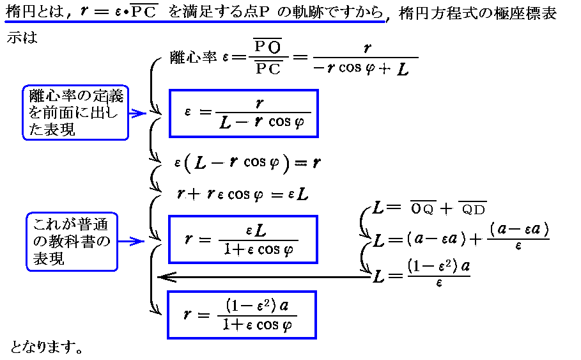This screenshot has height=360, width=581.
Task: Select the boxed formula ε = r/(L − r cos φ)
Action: coord(244,113)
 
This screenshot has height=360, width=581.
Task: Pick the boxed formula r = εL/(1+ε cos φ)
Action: coord(242,239)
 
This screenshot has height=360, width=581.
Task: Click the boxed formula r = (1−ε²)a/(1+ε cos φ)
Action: coord(242,315)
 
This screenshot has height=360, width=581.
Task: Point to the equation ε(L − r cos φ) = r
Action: coord(247,163)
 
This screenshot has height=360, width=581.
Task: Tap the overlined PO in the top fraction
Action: coord(268,47)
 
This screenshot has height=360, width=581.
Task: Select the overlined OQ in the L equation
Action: coord(422,208)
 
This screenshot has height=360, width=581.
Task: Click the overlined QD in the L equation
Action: coord(473,208)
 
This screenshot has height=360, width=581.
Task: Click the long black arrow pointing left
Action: coord(262,277)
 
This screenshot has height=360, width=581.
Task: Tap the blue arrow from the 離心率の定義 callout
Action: coord(138,114)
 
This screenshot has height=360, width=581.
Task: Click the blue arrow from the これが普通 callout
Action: coord(134,242)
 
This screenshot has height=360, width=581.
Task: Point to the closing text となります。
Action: coord(47,348)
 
